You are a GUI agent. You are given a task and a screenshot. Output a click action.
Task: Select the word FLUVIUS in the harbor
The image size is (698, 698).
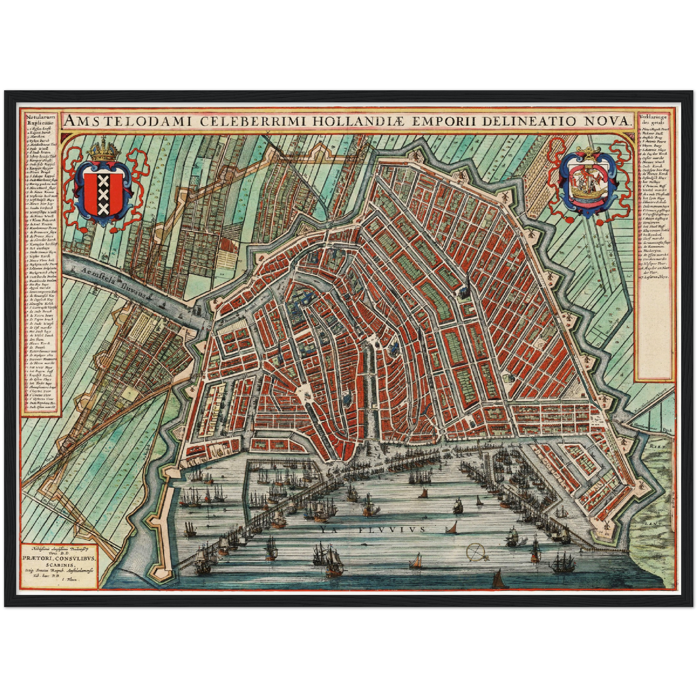392,529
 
